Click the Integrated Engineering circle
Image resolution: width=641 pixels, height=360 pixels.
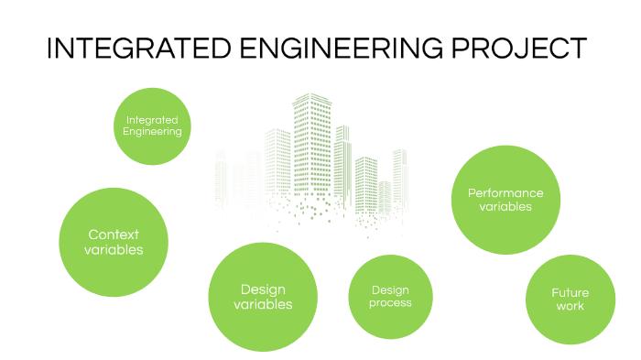tap(153, 125)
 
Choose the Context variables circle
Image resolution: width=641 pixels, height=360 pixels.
tap(114, 242)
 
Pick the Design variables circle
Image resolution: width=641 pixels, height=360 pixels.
tap(263, 296)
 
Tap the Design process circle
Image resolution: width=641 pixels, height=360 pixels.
tap(390, 297)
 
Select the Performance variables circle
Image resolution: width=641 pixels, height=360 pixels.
tap(505, 200)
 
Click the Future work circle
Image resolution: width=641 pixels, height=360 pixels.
tap(570, 300)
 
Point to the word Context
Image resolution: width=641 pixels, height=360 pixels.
tap(114, 235)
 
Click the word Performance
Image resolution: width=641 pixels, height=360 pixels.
tap(505, 192)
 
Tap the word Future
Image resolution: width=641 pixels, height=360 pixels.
tap(570, 293)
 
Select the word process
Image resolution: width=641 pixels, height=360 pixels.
tap(390, 303)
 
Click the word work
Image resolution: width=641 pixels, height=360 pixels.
tap(570, 306)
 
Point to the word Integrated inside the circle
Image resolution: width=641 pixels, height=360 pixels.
tap(152, 119)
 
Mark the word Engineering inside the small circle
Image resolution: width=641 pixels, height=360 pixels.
tap(153, 131)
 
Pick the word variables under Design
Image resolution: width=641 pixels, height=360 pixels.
tap(263, 304)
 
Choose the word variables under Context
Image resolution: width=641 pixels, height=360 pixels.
tap(114, 249)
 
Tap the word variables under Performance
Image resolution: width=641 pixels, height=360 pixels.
tap(505, 207)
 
